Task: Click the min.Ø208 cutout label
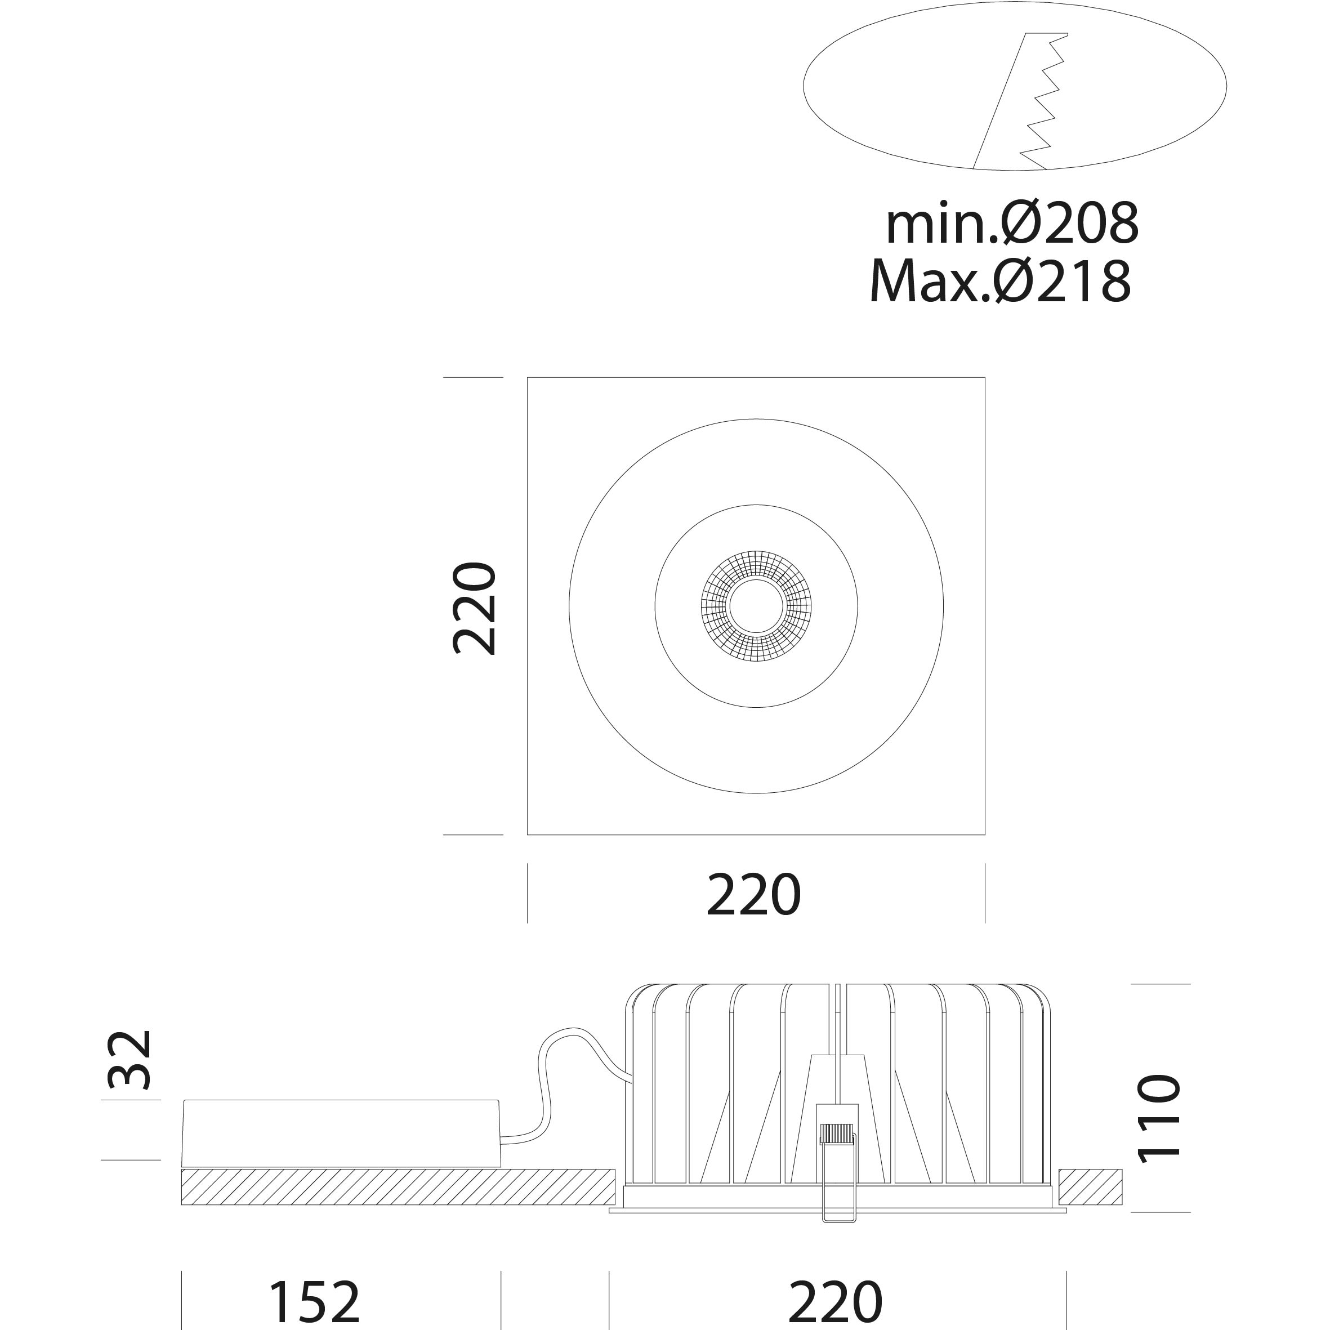1012,224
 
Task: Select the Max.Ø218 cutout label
1000,281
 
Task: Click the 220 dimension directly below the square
754,895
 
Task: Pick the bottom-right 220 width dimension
835,1301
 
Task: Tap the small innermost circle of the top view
756,606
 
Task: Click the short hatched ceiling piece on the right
1091,1187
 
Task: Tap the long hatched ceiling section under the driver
398,1187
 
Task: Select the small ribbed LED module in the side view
836,1134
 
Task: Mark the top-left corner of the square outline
528,378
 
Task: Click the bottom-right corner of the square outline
984,834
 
